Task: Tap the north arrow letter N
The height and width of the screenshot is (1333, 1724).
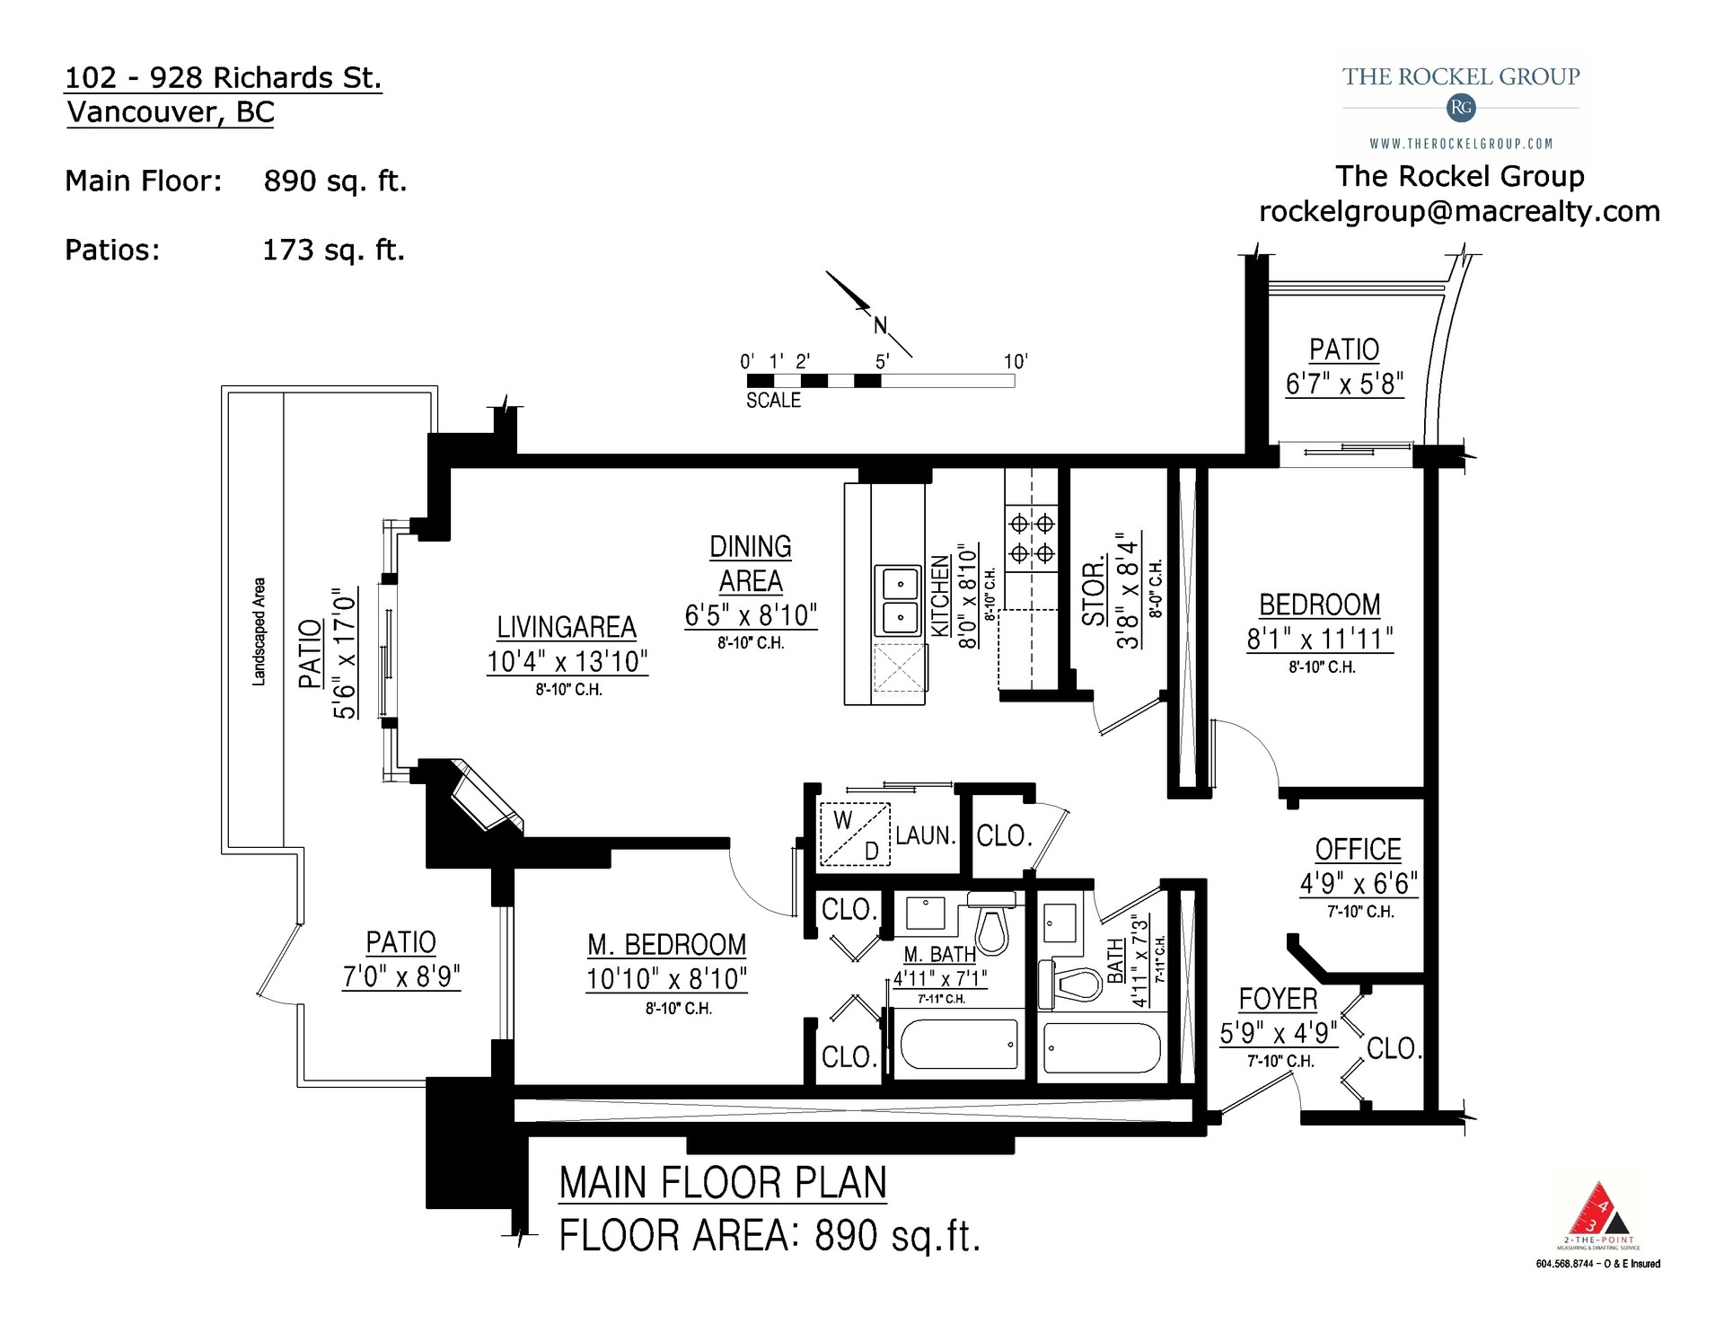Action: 880,326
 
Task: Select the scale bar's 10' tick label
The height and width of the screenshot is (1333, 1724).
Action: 1015,361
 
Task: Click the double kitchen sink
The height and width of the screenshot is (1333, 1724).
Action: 898,600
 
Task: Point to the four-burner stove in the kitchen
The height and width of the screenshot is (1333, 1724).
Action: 1032,538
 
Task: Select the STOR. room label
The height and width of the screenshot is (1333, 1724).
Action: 1093,593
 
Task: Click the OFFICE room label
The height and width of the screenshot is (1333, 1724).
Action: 1358,850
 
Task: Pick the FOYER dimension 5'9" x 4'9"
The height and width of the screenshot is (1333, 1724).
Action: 1278,1033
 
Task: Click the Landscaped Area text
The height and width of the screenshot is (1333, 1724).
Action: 259,631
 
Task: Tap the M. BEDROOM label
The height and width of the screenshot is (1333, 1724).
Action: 666,945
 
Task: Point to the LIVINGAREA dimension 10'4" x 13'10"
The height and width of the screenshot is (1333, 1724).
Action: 567,662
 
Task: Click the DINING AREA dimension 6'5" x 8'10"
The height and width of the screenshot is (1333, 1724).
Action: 751,616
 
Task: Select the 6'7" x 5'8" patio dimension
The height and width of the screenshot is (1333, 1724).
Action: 1344,384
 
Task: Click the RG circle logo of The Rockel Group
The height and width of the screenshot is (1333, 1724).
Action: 1461,108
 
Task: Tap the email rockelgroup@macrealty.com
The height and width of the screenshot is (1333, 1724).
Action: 1459,211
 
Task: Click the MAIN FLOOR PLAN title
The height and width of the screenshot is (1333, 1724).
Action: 723,1183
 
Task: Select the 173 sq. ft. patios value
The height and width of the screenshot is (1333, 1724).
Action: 333,250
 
